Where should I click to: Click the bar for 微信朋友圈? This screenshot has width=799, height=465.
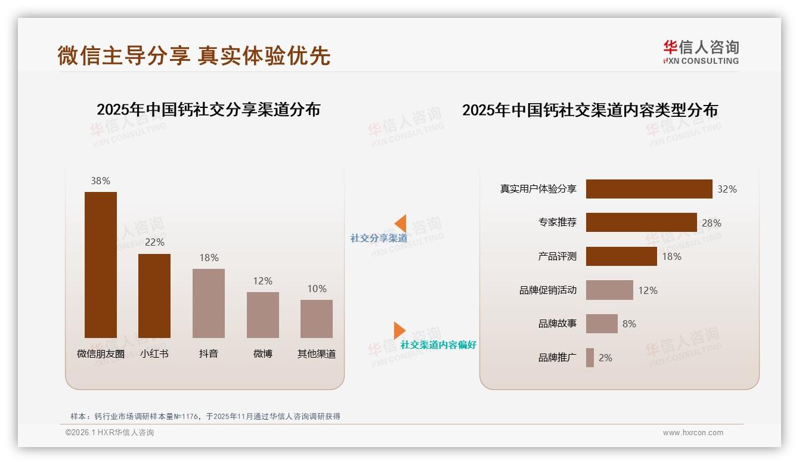pyautogui.click(x=101, y=265)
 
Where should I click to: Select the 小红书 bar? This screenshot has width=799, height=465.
pyautogui.click(x=154, y=296)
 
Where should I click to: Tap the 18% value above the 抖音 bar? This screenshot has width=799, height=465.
pyautogui.click(x=209, y=258)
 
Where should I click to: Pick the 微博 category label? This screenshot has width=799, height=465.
pyautogui.click(x=263, y=354)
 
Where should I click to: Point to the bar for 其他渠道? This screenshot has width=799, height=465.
pyautogui.click(x=317, y=318)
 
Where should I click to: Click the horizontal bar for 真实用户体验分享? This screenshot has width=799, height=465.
pyautogui.click(x=649, y=189)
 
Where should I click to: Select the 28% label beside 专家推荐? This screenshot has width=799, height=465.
pyautogui.click(x=711, y=223)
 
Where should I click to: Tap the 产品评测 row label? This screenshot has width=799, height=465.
pyautogui.click(x=558, y=256)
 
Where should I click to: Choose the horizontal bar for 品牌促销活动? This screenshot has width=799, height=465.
pyautogui.click(x=609, y=290)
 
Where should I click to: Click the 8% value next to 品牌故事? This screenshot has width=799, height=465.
pyautogui.click(x=629, y=324)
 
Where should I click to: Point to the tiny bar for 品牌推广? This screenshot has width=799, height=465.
pyautogui.click(x=590, y=358)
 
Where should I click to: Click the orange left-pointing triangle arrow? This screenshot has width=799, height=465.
pyautogui.click(x=401, y=224)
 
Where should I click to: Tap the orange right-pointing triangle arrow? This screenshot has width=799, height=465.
pyautogui.click(x=399, y=330)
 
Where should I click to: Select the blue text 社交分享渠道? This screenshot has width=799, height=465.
pyautogui.click(x=379, y=238)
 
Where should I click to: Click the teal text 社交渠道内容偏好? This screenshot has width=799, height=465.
pyautogui.click(x=438, y=345)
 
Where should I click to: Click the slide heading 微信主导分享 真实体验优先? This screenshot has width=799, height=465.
pyautogui.click(x=194, y=55)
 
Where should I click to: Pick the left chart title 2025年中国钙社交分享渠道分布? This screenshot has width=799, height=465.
pyautogui.click(x=208, y=110)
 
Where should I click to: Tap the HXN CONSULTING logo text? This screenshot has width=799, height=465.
pyautogui.click(x=701, y=61)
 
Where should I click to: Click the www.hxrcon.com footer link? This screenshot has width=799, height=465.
pyautogui.click(x=693, y=433)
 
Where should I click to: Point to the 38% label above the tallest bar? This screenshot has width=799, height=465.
pyautogui.click(x=100, y=181)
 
